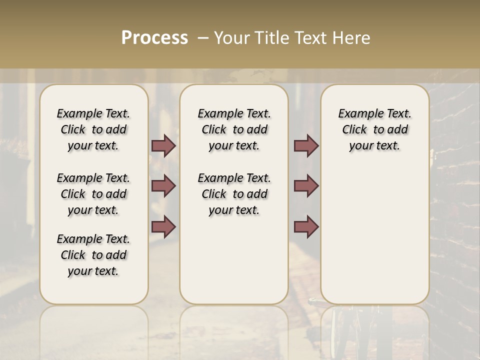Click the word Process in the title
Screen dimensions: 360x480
pos(154,38)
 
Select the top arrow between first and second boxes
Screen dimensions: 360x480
pos(163,145)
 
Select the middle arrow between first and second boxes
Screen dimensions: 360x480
pos(163,185)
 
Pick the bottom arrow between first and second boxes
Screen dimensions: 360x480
pos(163,226)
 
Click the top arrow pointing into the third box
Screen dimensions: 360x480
pos(306,145)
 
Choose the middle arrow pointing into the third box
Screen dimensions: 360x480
pos(306,185)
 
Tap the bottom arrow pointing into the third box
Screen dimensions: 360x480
pos(306,226)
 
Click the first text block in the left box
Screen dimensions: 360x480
pos(93,129)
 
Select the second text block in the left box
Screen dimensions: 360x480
pos(93,194)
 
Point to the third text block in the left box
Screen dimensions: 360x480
pos(93,255)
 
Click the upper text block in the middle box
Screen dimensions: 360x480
pos(234,129)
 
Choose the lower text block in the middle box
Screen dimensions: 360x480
pos(234,194)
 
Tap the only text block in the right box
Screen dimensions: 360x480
pos(375,129)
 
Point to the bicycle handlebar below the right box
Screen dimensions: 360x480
pos(320,301)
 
